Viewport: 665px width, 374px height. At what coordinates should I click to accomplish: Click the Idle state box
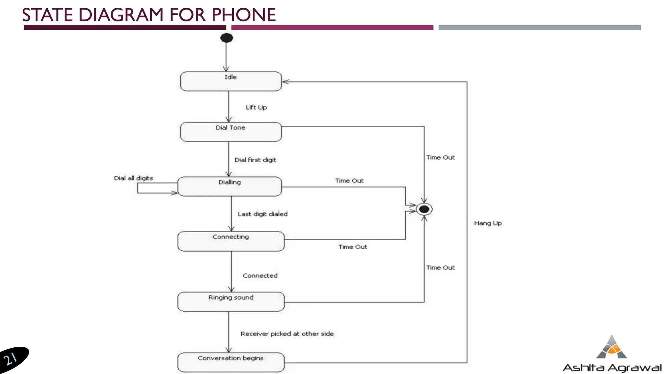click(x=231, y=81)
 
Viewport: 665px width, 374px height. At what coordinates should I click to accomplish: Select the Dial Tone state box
click(x=231, y=132)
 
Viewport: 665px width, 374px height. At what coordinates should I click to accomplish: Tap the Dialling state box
click(x=230, y=186)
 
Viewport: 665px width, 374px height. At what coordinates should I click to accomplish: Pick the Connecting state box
click(x=231, y=241)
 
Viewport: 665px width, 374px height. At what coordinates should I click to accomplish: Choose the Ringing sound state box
click(x=231, y=302)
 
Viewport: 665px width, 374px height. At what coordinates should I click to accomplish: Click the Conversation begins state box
click(x=231, y=362)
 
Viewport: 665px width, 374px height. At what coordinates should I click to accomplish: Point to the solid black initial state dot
click(x=227, y=38)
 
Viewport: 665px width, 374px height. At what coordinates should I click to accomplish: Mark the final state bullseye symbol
click(x=424, y=209)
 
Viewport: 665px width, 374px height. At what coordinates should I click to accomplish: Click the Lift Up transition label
click(x=256, y=107)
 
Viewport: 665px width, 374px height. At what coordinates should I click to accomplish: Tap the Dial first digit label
click(x=255, y=160)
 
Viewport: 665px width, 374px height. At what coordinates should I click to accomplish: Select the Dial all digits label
click(x=133, y=178)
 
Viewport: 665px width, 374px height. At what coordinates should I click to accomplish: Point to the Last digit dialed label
click(x=263, y=214)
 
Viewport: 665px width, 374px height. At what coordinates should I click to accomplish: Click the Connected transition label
click(x=260, y=276)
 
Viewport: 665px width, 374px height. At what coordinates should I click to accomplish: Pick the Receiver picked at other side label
click(x=287, y=334)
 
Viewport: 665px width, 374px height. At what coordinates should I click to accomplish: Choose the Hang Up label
click(x=488, y=223)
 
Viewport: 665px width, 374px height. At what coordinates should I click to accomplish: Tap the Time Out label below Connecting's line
click(x=353, y=247)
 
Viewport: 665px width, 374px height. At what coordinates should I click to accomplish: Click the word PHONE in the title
click(x=244, y=15)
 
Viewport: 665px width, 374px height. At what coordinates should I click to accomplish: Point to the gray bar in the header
click(x=539, y=28)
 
